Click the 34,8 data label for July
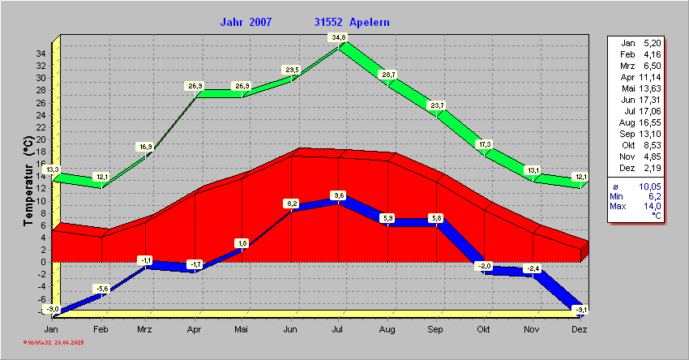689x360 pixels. (338, 37)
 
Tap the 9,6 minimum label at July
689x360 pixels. (339, 195)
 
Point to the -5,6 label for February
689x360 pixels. (102, 289)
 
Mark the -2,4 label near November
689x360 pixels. (532, 268)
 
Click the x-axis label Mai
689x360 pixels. (242, 330)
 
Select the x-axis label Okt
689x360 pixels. (484, 330)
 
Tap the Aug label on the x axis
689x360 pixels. (387, 330)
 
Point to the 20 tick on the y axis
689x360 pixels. (40, 139)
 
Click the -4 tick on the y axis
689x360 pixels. (40, 285)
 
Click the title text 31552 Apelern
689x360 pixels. (352, 22)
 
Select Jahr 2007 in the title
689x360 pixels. (246, 22)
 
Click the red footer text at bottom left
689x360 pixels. (54, 343)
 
